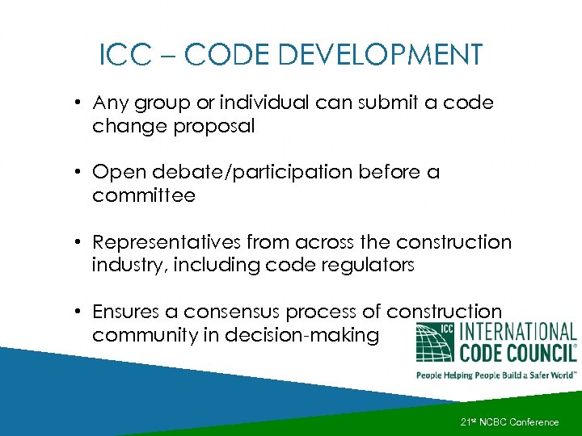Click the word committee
(144, 195)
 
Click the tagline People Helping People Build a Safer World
(495, 375)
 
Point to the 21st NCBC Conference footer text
(509, 422)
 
